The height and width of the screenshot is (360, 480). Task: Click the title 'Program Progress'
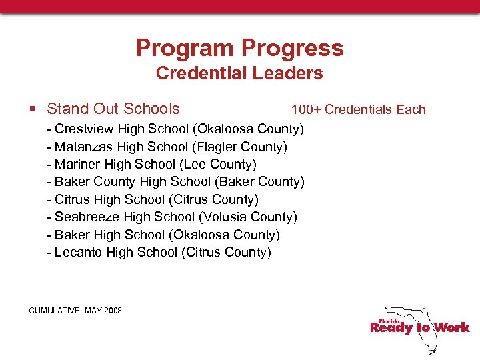[x=239, y=48]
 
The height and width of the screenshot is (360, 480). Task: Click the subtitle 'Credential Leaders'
[x=239, y=73]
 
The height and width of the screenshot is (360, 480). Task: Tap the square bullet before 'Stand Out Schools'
[x=33, y=109]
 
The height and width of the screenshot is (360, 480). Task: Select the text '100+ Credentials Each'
[x=358, y=109]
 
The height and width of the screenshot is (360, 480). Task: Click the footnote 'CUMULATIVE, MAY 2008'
[x=75, y=311]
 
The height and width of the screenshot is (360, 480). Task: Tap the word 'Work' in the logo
[x=452, y=327]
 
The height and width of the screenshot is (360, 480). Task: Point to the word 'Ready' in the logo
[x=391, y=327]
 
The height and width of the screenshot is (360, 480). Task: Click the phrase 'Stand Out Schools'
[x=113, y=109]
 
